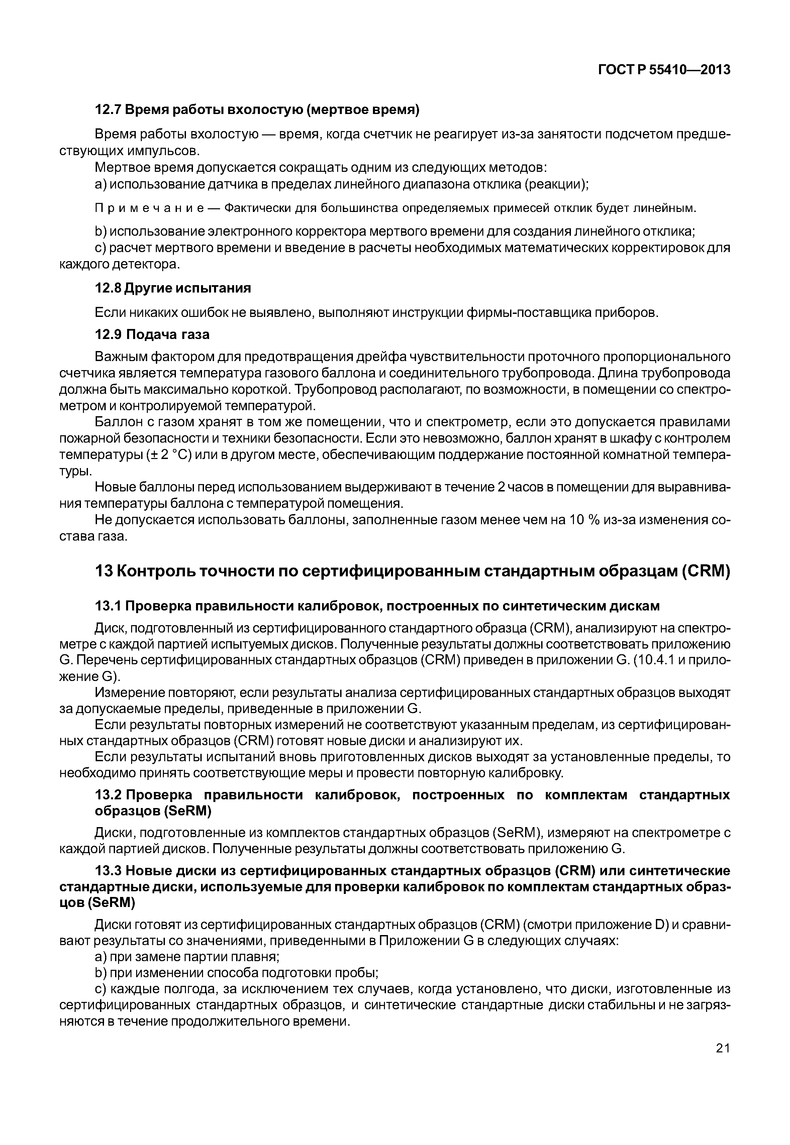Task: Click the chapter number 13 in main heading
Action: pos(103,571)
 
